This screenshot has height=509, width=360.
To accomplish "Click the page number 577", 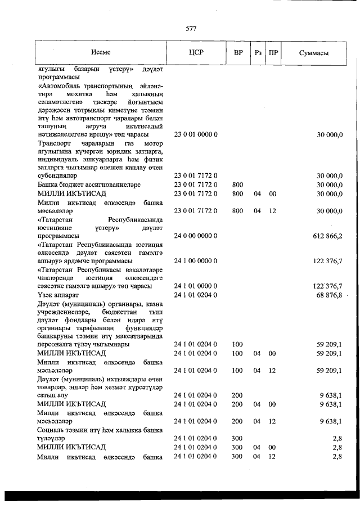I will click(190, 28).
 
